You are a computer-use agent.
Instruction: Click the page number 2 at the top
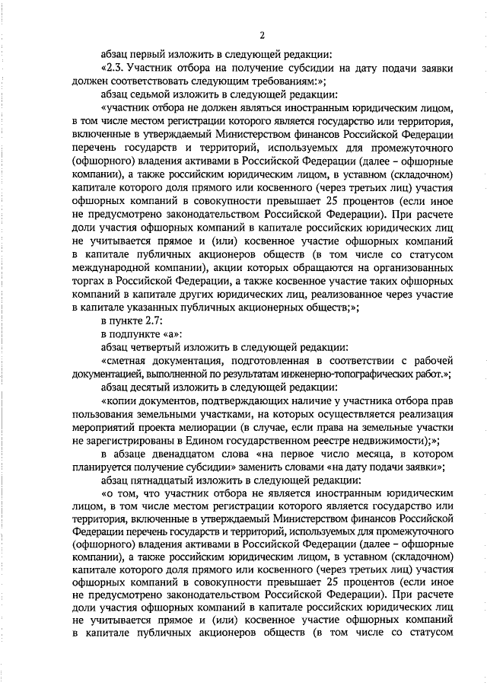coord(262,36)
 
